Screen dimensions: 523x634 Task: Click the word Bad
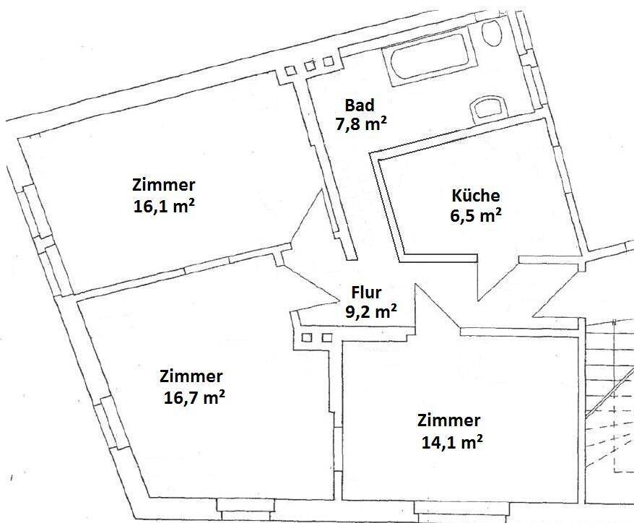pos(360,106)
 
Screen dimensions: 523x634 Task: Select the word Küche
pos(475,195)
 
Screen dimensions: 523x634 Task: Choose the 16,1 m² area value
pos(165,205)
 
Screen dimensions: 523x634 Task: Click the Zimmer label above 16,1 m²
pos(163,184)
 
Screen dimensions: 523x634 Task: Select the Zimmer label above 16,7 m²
pos(191,376)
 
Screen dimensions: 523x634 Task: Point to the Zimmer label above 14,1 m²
pos(448,420)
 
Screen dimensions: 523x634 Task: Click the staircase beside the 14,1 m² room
pos(609,405)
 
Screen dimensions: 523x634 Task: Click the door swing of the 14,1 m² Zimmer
pos(435,307)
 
